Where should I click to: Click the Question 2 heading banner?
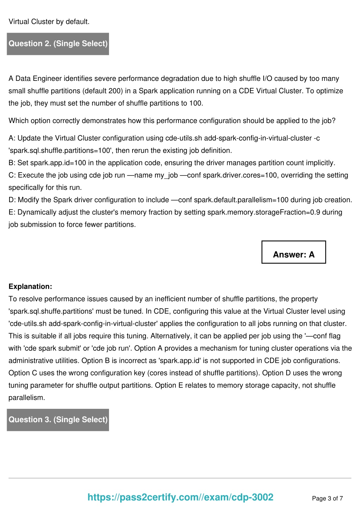tap(58, 44)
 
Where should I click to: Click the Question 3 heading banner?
tap(58, 420)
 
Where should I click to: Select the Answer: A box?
tap(294, 252)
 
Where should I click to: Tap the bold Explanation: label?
tap(30, 286)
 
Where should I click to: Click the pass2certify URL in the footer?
tap(180, 497)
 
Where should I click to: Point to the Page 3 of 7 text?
tap(327, 498)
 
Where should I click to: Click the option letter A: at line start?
tap(12, 138)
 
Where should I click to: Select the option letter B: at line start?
tap(12, 163)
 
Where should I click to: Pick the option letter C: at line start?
tap(12, 175)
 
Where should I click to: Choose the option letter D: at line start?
tap(12, 200)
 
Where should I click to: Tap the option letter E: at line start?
tap(12, 212)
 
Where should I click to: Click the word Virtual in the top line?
tap(19, 22)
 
